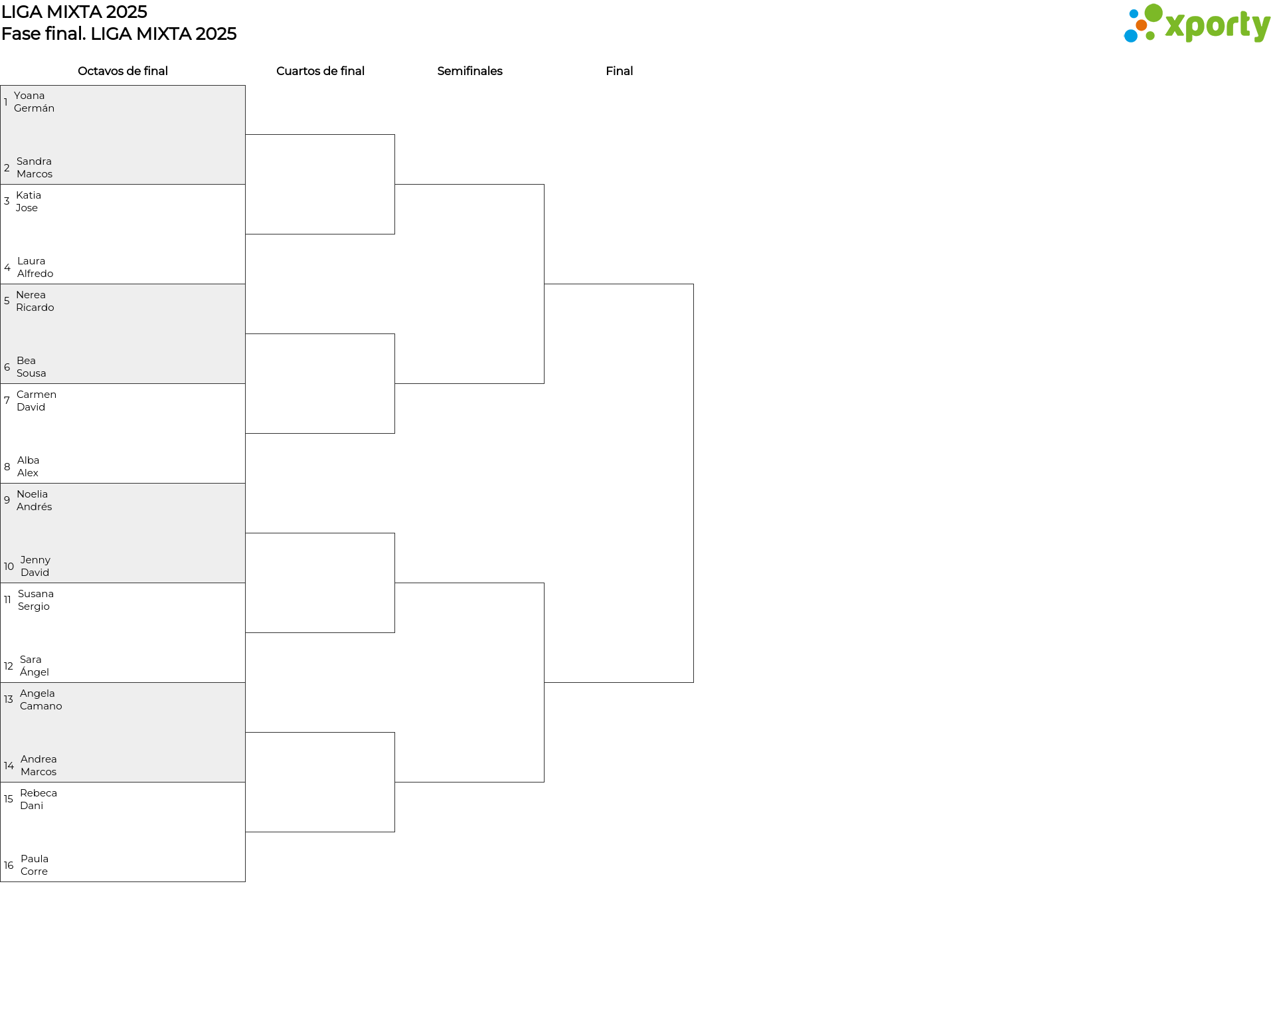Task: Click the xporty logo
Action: click(x=1197, y=24)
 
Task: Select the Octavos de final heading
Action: click(x=123, y=71)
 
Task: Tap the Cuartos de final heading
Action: click(x=320, y=71)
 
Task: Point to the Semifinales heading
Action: click(x=469, y=71)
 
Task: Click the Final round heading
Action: click(x=619, y=71)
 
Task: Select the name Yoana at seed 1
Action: click(x=29, y=96)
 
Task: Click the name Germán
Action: click(x=34, y=108)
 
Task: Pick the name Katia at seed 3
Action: click(x=29, y=195)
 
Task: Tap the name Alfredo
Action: click(x=35, y=274)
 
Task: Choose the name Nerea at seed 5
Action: click(x=31, y=295)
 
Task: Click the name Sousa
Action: click(x=31, y=373)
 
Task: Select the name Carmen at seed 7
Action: click(x=37, y=395)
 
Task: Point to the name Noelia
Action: click(x=32, y=494)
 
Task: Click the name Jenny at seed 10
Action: click(x=35, y=560)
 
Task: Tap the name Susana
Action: click(x=36, y=594)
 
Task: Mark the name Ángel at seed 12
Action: click(x=35, y=672)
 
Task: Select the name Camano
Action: click(x=41, y=706)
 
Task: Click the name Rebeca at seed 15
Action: click(x=39, y=793)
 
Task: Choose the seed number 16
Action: click(x=9, y=866)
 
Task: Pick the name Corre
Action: click(x=34, y=872)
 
